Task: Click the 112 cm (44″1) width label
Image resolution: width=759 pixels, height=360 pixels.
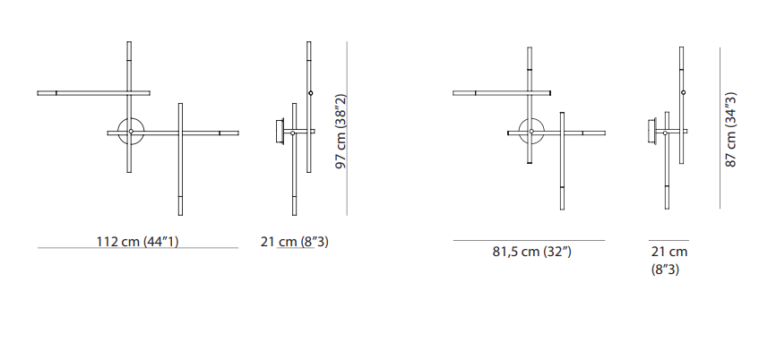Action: point(137,242)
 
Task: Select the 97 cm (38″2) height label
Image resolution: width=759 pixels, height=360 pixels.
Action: point(341,131)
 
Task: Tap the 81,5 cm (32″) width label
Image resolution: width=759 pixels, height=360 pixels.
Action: point(532,253)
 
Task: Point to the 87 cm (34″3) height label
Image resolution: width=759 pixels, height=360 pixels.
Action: point(730,130)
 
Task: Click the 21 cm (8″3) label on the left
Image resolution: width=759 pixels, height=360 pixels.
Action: point(294,242)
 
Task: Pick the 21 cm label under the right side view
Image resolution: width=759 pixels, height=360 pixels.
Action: point(669,253)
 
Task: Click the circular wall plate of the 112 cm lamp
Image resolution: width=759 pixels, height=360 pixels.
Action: point(131,131)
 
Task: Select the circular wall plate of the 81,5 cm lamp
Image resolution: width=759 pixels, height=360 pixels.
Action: point(531,131)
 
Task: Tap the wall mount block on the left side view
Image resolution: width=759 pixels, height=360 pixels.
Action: point(280,131)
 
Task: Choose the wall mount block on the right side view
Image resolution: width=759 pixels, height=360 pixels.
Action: point(652,131)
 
